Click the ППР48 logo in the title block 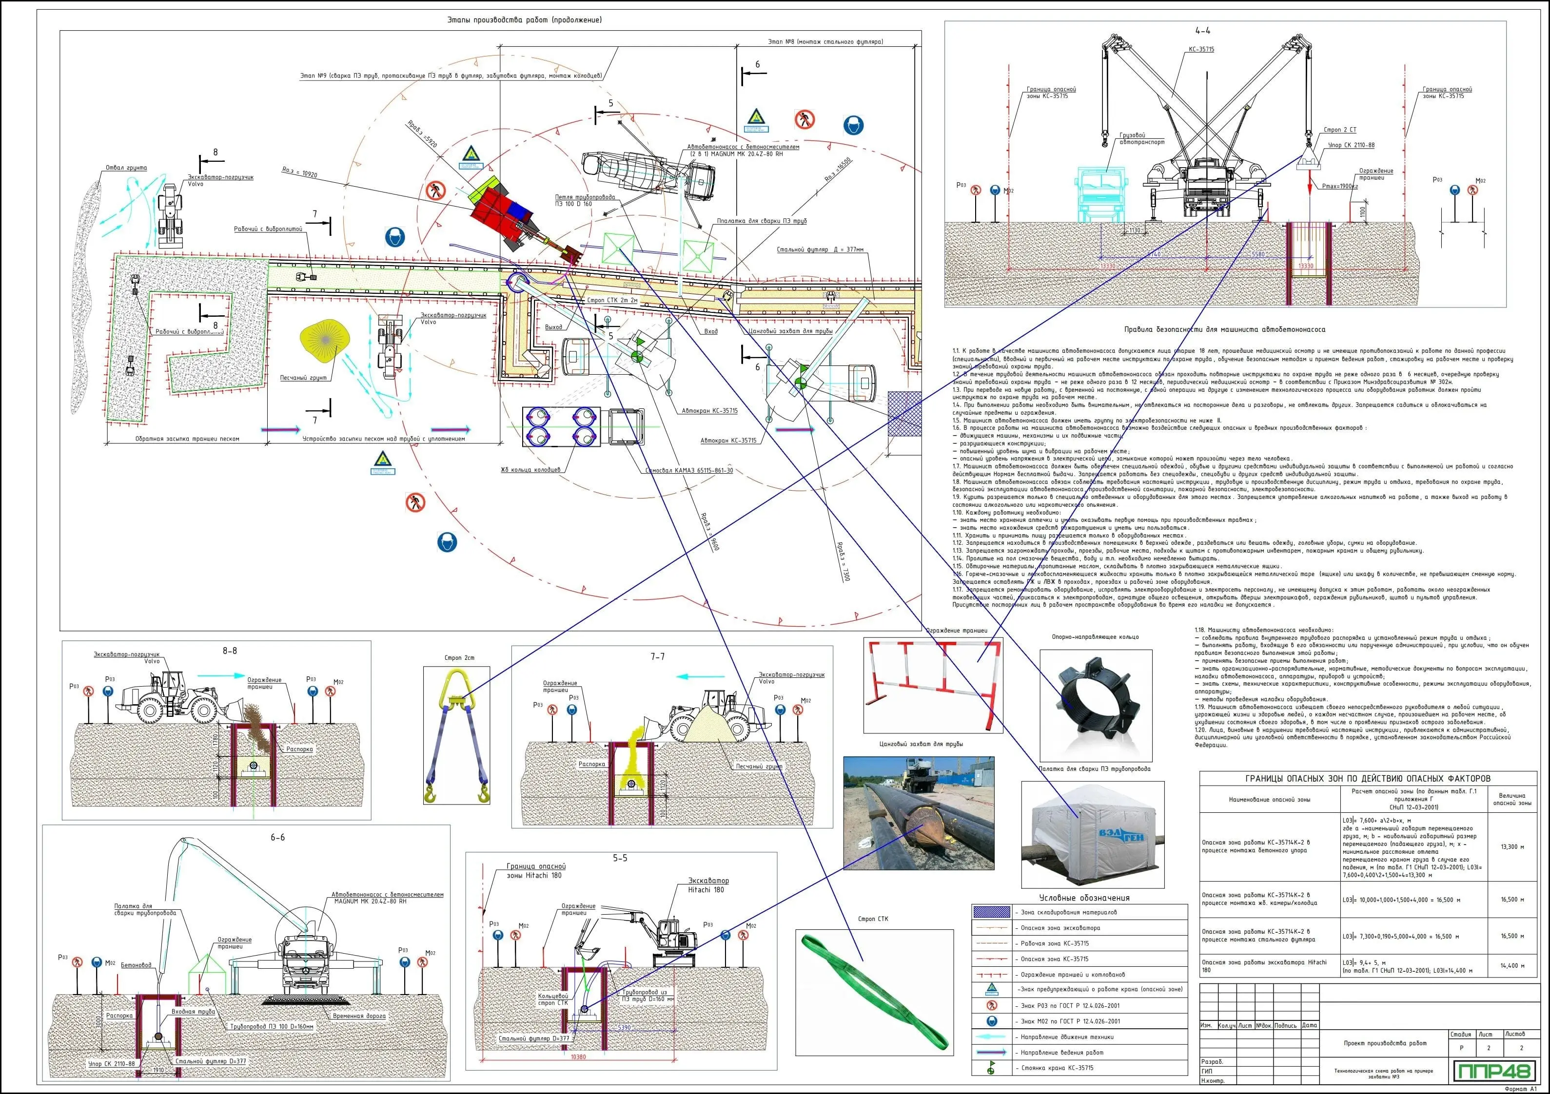point(1494,1071)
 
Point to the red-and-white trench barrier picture point(932,685)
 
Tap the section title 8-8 point(230,651)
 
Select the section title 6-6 point(277,838)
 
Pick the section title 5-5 point(620,859)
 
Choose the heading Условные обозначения point(1084,898)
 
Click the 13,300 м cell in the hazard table point(1512,846)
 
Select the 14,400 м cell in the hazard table point(1512,966)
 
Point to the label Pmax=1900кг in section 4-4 point(1339,186)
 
